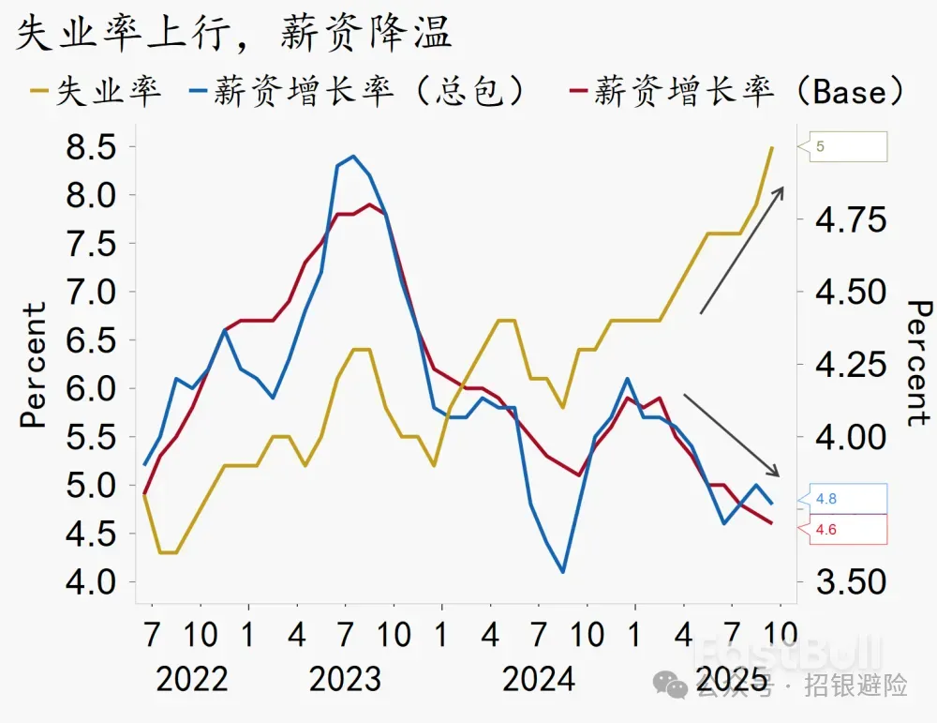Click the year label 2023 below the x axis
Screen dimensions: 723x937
click(x=345, y=679)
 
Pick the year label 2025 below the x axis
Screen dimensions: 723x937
click(x=731, y=679)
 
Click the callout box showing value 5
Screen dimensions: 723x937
click(x=848, y=146)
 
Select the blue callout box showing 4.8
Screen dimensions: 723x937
click(x=848, y=499)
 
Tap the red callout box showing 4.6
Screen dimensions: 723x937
click(x=848, y=529)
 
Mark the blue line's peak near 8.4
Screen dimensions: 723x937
click(x=353, y=157)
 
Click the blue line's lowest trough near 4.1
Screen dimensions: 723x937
click(x=562, y=572)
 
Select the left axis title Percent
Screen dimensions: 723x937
click(x=34, y=365)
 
